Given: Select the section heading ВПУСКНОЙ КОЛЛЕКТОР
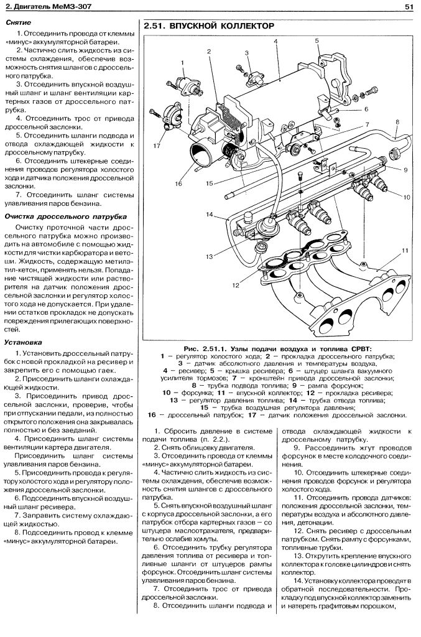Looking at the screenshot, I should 209,27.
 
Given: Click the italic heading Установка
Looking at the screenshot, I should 22,342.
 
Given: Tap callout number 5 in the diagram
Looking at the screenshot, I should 317,41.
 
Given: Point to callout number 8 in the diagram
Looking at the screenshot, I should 396,133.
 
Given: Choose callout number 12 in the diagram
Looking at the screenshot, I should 236,286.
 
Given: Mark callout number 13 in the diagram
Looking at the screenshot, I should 210,256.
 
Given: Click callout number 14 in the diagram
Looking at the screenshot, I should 210,215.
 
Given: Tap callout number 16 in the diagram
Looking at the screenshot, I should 178,184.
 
